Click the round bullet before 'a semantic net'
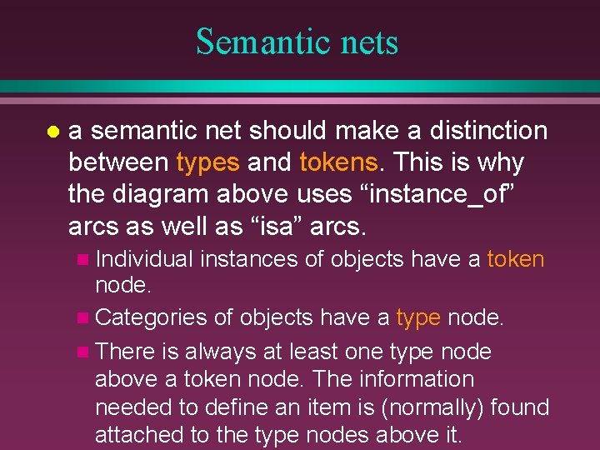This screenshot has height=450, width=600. pyautogui.click(x=52, y=132)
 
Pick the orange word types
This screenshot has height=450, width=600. pyautogui.click(x=207, y=162)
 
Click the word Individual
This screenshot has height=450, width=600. pyautogui.click(x=144, y=259)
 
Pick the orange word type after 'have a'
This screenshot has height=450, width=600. pyautogui.click(x=418, y=317)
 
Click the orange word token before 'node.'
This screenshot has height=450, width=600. pyautogui.click(x=515, y=259)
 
